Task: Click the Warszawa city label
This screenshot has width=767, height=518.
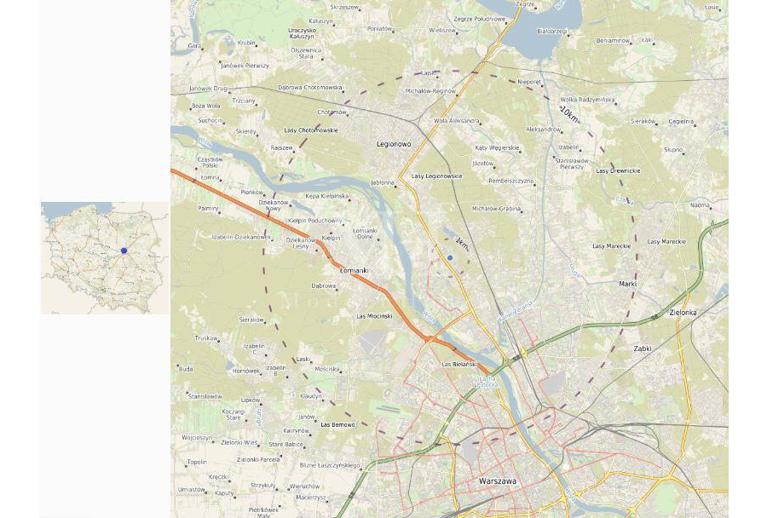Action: [x=498, y=481]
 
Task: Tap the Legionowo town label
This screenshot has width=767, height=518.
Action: [x=394, y=144]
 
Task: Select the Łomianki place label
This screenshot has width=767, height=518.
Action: [x=354, y=271]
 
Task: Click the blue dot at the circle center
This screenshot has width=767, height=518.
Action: [x=450, y=257]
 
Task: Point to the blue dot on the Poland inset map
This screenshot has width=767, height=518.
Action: [x=124, y=250]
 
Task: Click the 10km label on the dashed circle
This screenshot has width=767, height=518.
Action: [x=568, y=112]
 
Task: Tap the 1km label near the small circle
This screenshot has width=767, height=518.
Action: [x=462, y=244]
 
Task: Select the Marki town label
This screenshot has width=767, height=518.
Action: [x=627, y=284]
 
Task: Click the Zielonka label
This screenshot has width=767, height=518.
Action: [x=683, y=313]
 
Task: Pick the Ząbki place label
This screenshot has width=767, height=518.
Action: [x=643, y=348]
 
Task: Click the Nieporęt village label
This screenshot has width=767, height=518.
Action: [x=529, y=82]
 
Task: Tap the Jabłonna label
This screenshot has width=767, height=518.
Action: [x=383, y=182]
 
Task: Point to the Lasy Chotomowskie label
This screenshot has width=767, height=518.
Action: [x=310, y=130]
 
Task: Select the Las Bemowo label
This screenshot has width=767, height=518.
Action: [x=337, y=424]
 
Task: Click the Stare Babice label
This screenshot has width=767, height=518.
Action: [x=285, y=444]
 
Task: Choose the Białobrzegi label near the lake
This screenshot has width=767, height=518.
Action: [x=551, y=32]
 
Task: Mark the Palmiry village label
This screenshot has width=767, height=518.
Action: [x=208, y=208]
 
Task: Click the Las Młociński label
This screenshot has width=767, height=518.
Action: [x=374, y=316]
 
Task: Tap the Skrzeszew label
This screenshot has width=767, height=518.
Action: [x=344, y=7]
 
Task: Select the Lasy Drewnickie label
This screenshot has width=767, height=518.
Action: [x=618, y=171]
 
